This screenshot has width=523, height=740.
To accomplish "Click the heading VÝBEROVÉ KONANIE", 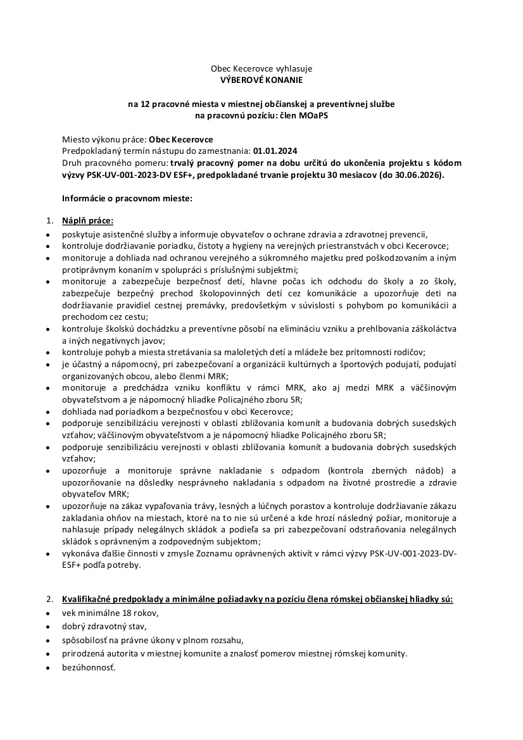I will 261,80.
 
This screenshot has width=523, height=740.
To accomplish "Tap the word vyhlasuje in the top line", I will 293,68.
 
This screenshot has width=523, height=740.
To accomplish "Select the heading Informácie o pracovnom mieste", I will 126,198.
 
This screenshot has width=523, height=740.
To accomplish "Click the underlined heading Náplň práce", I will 87,221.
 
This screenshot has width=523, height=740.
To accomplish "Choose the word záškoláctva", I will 432,329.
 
